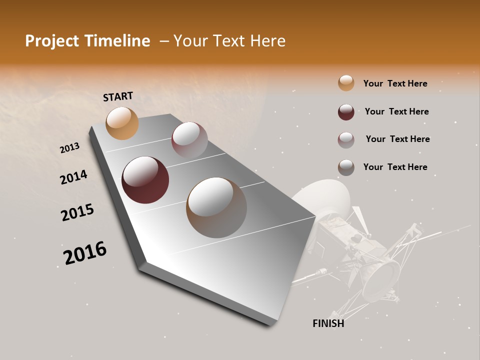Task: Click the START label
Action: coord(118,96)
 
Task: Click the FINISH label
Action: coord(328,323)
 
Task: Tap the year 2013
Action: coord(70,148)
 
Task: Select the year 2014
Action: coord(73,177)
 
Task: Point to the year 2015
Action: coord(77,212)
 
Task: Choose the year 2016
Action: coord(85,253)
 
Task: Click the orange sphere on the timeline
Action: coord(122,123)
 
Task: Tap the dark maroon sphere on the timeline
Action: coord(145,180)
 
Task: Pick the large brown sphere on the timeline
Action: coord(216,207)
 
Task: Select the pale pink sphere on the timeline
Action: coord(189,139)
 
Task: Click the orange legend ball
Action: coord(346,83)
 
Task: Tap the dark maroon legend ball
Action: coord(346,111)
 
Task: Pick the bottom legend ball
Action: coord(346,167)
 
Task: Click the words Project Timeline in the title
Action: coord(87,41)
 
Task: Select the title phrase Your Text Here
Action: coord(229,41)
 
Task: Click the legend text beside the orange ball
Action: coord(395,83)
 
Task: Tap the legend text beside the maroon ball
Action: coord(396,111)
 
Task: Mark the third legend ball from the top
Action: coord(346,139)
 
